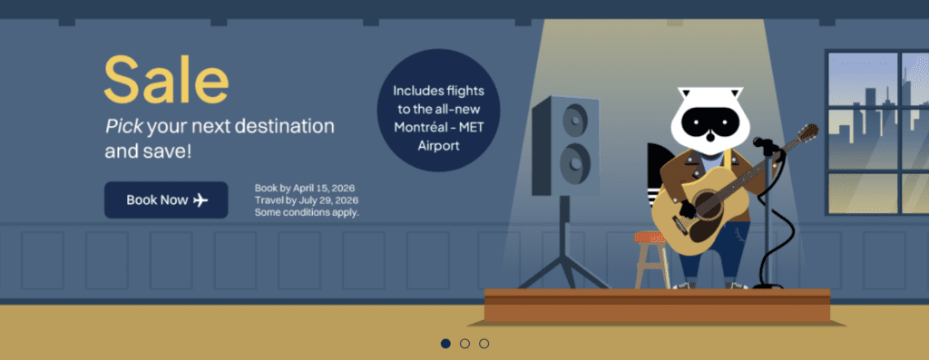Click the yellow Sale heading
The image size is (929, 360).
pyautogui.click(x=167, y=80)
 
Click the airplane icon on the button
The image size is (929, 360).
pyautogui.click(x=200, y=200)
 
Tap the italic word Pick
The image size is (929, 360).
pyautogui.click(x=123, y=126)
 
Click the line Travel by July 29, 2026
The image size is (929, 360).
pyautogui.click(x=307, y=200)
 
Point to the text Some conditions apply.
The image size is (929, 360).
pyautogui.click(x=307, y=212)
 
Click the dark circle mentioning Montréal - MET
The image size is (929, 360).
pyautogui.click(x=438, y=110)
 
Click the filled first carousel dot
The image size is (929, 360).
pyautogui.click(x=445, y=344)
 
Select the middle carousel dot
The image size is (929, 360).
pyautogui.click(x=464, y=344)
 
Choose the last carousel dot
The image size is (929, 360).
pyautogui.click(x=484, y=344)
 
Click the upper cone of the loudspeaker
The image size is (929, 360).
pyautogui.click(x=574, y=121)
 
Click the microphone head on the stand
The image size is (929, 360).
pyautogui.click(x=761, y=142)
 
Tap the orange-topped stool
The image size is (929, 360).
pyautogui.click(x=651, y=258)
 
